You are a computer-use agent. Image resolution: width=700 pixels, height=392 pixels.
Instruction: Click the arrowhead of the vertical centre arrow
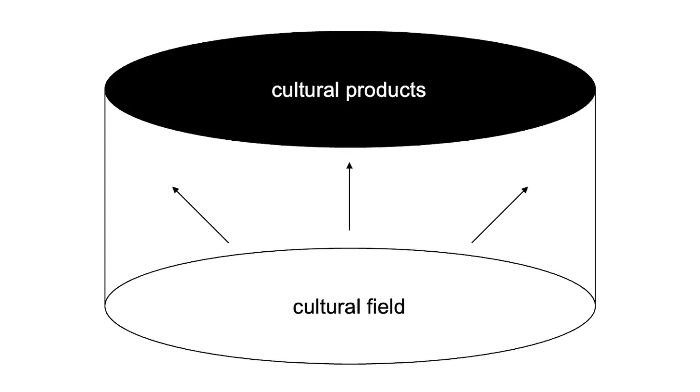pyautogui.click(x=350, y=166)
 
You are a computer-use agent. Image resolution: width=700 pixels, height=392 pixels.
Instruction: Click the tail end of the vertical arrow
pyautogui.click(x=350, y=230)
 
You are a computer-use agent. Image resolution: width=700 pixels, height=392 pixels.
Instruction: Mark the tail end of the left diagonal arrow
pyautogui.click(x=228, y=243)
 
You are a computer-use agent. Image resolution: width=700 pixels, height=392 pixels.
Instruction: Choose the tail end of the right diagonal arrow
pyautogui.click(x=472, y=243)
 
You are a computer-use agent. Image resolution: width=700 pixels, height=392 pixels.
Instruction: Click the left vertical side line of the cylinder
pyautogui.click(x=105, y=197)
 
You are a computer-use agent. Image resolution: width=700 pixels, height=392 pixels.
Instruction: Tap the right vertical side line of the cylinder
pyautogui.click(x=596, y=197)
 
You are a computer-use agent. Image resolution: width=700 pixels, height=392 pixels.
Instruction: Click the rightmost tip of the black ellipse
pyautogui.click(x=595, y=89)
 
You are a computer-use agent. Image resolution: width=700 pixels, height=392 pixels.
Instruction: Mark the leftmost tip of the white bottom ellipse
pyautogui.click(x=106, y=306)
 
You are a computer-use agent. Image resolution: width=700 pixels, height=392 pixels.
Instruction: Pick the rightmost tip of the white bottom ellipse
pyautogui.click(x=595, y=306)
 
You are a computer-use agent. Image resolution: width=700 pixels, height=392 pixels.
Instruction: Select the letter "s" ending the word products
pyautogui.click(x=422, y=91)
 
